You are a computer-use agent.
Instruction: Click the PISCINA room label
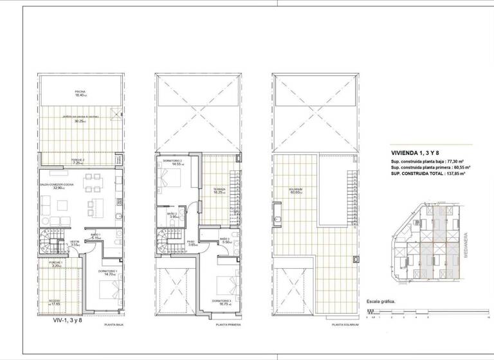click(80, 92)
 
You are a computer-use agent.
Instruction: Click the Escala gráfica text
click(380, 301)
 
